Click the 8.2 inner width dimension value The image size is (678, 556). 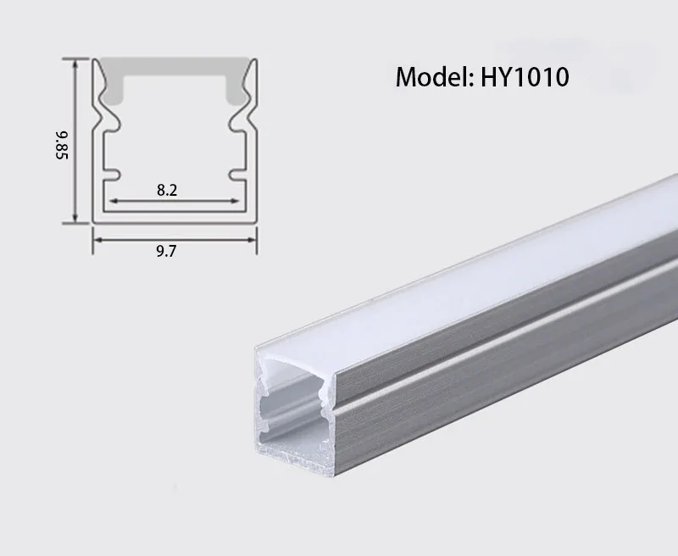click(x=167, y=190)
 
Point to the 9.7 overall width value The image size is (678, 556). click(x=167, y=251)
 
